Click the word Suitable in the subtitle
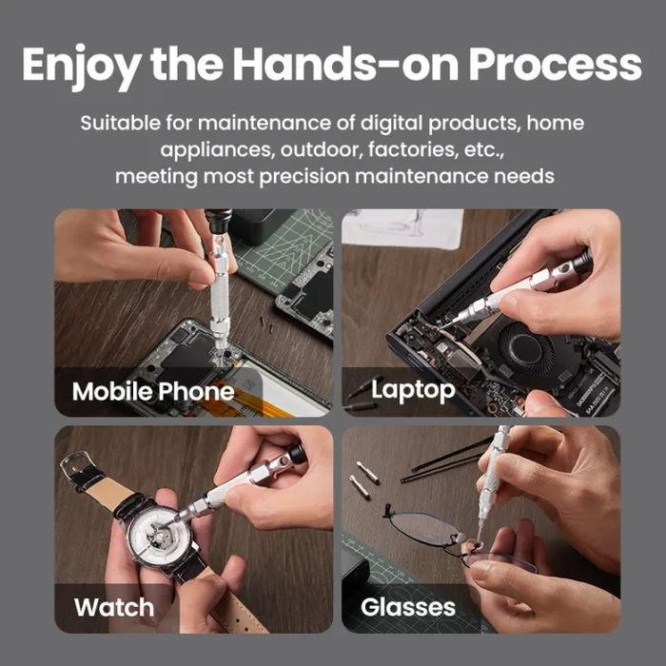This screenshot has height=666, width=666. click(117, 124)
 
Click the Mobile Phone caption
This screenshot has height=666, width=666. click(152, 391)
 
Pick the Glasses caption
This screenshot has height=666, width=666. click(408, 606)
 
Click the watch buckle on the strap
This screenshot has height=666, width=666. click(78, 466)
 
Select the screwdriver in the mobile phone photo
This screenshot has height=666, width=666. click(218, 285)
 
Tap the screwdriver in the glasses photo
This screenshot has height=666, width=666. click(491, 476)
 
